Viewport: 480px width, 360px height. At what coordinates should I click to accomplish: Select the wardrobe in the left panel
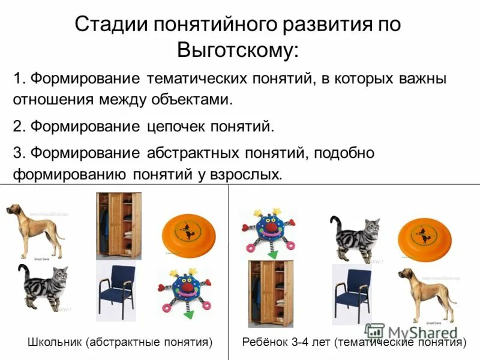coord(118,225)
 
